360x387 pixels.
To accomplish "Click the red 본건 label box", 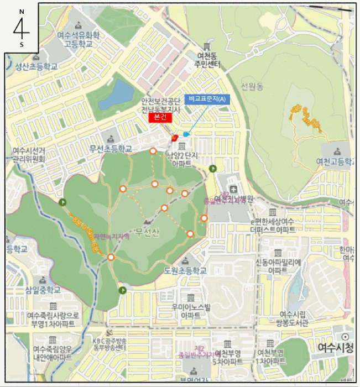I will click(x=160, y=117).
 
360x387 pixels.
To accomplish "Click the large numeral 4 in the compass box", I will click(x=21, y=27).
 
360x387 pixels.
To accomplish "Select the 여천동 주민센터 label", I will click(x=208, y=60).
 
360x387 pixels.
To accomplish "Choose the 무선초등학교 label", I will click(x=111, y=149).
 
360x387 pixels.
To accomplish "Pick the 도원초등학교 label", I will click(x=186, y=270).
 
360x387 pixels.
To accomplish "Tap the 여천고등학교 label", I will click(x=336, y=161).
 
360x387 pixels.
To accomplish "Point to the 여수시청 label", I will click(x=336, y=348).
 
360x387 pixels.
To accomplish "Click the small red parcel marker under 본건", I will click(x=174, y=137).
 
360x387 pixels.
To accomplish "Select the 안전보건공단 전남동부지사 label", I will click(x=160, y=105).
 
